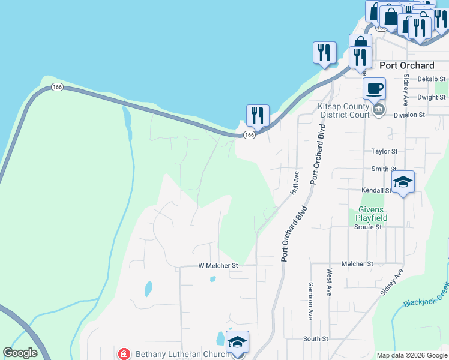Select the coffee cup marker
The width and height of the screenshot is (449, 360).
click(x=374, y=89)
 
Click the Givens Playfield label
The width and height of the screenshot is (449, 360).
click(x=371, y=214)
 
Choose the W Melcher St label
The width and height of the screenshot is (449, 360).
click(x=218, y=265)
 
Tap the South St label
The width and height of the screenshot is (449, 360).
click(x=315, y=339)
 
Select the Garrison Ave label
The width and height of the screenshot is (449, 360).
click(x=310, y=300)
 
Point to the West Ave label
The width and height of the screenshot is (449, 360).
click(x=330, y=282)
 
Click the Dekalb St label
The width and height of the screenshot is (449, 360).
click(x=432, y=79)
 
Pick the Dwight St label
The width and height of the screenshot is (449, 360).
click(x=432, y=97)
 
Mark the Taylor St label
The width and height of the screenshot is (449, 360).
click(x=384, y=152)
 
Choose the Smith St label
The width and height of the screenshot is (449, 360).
click(x=384, y=169)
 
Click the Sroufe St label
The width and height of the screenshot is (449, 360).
click(x=368, y=227)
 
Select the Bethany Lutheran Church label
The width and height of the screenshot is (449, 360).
click(x=182, y=354)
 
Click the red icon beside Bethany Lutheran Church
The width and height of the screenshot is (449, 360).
click(x=124, y=354)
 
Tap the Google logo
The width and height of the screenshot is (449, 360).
click(x=20, y=353)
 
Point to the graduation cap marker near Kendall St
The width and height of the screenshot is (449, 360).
click(x=403, y=182)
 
